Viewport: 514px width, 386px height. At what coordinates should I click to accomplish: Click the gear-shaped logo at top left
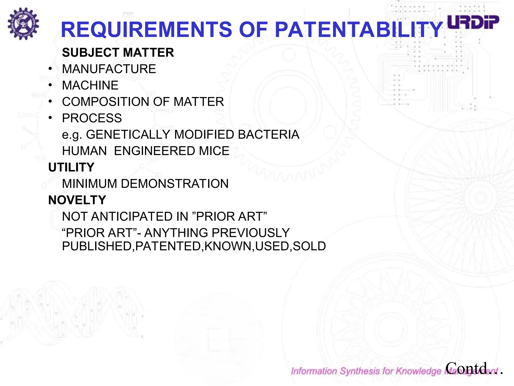click(x=23, y=24)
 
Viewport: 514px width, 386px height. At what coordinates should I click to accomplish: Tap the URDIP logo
click(x=473, y=22)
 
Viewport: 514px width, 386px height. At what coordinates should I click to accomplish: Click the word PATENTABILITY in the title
click(x=359, y=30)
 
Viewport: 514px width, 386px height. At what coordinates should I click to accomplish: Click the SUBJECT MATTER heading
click(x=118, y=53)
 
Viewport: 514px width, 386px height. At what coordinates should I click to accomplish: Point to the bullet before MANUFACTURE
click(x=50, y=69)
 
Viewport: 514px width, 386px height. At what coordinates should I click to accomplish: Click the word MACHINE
click(x=90, y=85)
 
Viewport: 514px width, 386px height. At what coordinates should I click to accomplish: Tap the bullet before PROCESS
click(x=50, y=118)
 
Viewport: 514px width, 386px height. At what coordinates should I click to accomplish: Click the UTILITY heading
click(x=71, y=167)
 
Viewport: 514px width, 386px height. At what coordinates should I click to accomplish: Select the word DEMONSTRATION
click(x=175, y=184)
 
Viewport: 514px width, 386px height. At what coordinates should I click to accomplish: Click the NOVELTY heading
click(x=77, y=200)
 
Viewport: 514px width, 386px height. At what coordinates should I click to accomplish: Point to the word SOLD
click(x=309, y=246)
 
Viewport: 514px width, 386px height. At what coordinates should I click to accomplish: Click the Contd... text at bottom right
click(x=474, y=368)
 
